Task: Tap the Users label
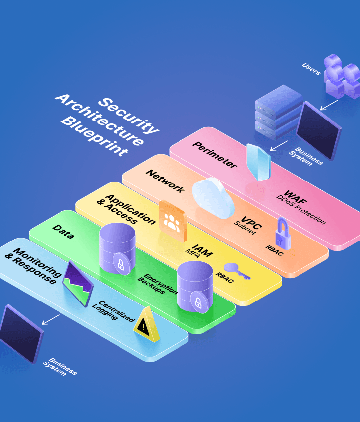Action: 311,69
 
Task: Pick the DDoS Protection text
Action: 301,209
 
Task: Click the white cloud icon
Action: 213,198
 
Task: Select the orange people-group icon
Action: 172,221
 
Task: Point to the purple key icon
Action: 237,270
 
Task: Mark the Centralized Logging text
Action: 113,311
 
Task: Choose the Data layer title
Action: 63,232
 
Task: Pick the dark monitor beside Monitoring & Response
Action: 21,334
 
